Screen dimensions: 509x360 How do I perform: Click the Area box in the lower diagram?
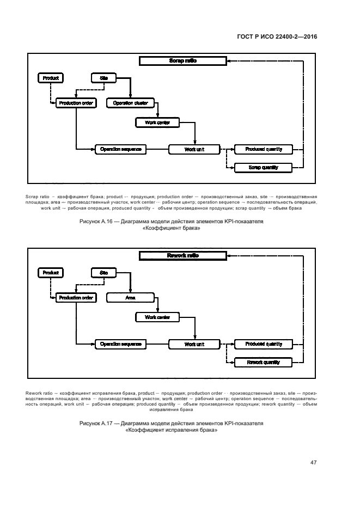click(131, 298)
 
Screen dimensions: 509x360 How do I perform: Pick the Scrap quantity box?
click(263, 167)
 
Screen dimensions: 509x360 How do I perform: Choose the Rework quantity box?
click(263, 362)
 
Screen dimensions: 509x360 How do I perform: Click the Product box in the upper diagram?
click(50, 78)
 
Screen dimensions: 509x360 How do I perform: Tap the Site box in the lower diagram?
click(103, 272)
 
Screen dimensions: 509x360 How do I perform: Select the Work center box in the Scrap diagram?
click(157, 122)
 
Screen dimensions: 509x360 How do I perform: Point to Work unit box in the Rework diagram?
click(193, 344)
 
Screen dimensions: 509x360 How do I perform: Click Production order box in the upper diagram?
click(76, 103)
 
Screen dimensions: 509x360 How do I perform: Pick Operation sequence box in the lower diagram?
click(121, 344)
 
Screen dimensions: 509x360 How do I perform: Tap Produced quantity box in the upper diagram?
click(263, 149)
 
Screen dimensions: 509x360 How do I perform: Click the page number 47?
click(314, 463)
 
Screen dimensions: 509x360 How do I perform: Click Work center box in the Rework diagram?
click(157, 317)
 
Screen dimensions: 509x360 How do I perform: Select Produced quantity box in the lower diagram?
click(263, 344)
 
